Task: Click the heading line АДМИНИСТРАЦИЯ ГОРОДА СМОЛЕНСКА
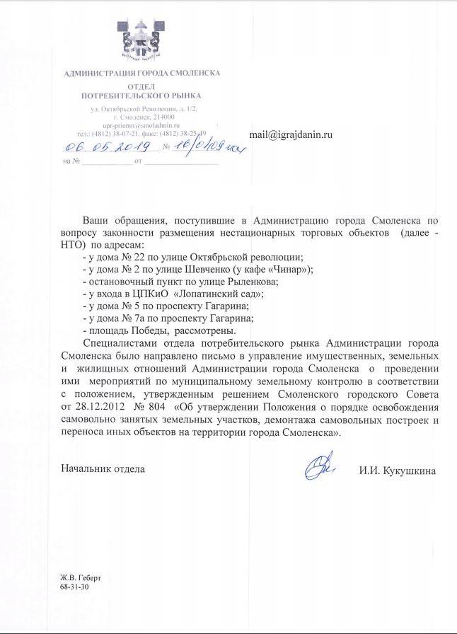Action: click(141, 74)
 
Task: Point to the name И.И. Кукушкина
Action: click(398, 471)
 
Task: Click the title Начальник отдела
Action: click(103, 469)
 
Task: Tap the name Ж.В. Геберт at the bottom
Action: click(81, 579)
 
